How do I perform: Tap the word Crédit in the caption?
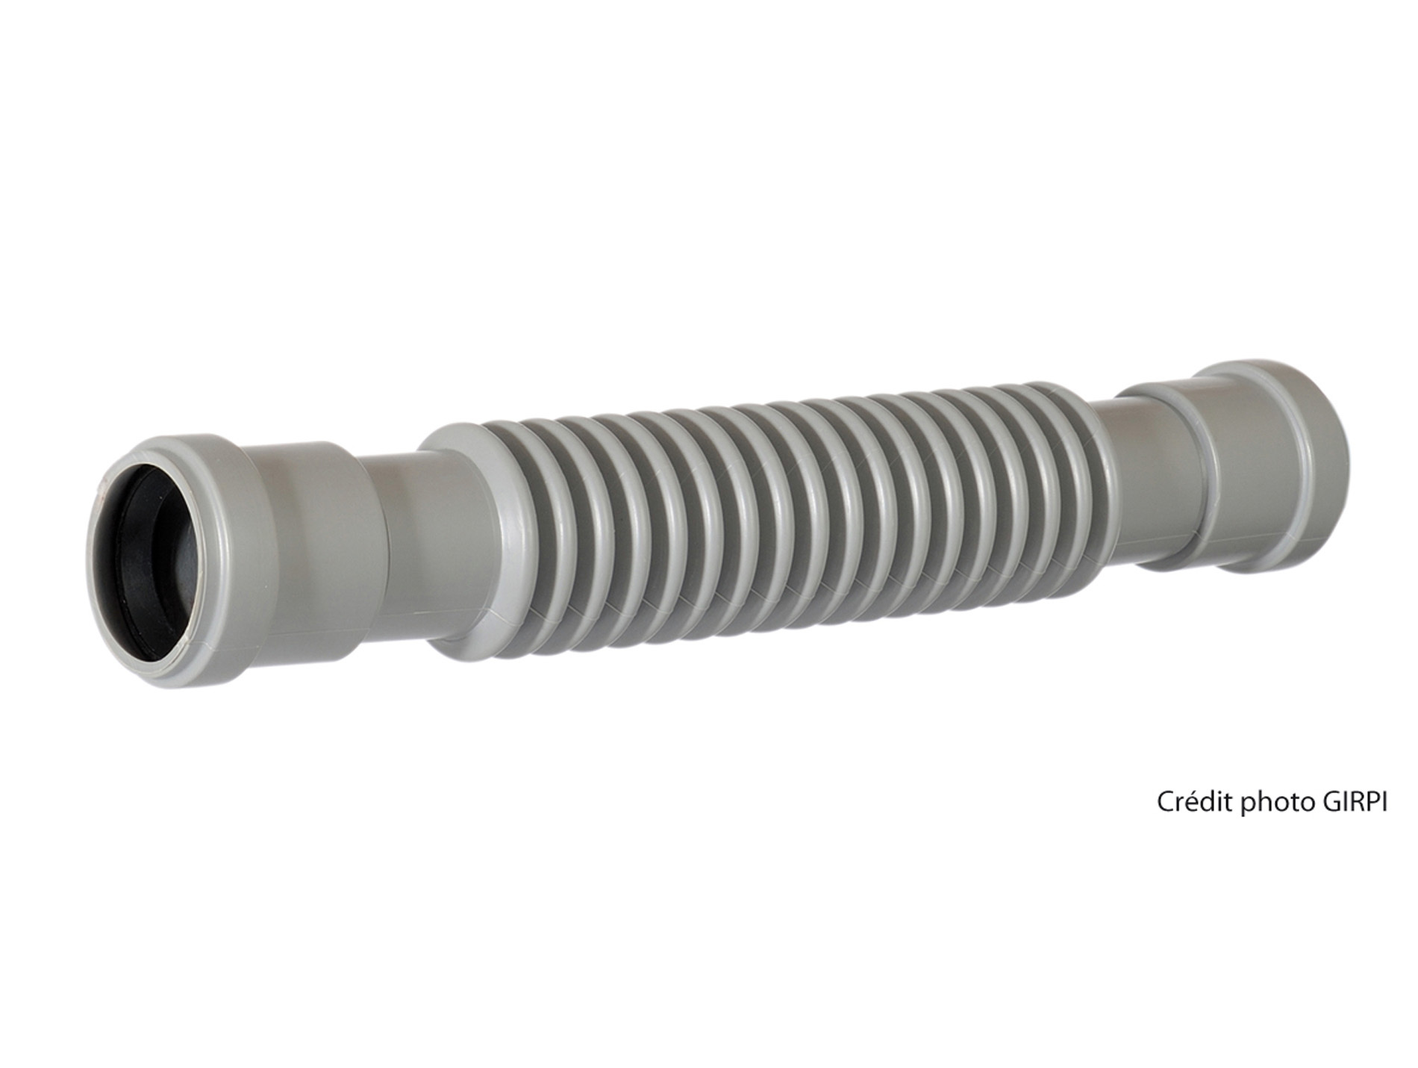pos(1194,802)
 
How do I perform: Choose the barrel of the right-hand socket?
pos(1239,467)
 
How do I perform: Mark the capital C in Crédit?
pos(1165,802)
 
